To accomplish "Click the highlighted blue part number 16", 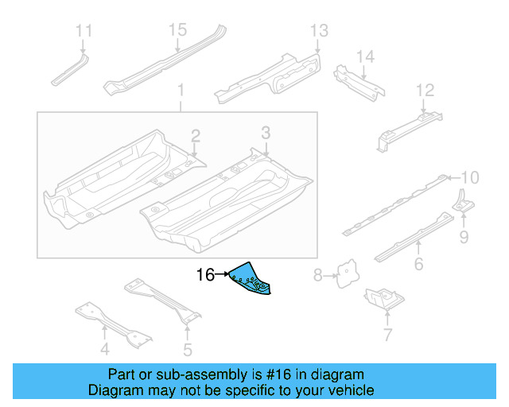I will pos(251,278).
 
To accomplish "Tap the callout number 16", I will pos(205,275).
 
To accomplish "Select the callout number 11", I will pos(84,31).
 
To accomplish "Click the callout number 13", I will pos(318,31).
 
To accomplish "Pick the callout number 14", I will pos(364,56).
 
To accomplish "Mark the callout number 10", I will pos(470,177).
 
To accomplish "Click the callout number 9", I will pos(463,236).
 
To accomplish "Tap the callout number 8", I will pos(317,276).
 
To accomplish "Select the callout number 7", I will pos(387,335).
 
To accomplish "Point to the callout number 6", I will pos(418,266).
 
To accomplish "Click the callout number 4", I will pos(104,349).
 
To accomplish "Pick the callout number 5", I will pos(188,349).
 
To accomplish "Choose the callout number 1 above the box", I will pos(180,90).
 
